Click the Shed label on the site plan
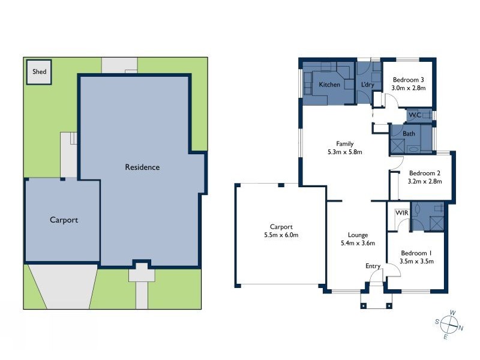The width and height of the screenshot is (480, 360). click(40, 71)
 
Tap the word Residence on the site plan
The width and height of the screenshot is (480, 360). click(142, 167)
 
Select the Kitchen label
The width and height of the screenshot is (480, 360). click(329, 85)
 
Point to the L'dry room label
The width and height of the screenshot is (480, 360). click(368, 85)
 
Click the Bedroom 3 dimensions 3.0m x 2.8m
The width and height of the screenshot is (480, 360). click(409, 88)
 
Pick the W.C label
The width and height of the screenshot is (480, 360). click(415, 115)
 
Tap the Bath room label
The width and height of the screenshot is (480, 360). click(409, 133)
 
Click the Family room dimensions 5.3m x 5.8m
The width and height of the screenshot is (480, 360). click(344, 152)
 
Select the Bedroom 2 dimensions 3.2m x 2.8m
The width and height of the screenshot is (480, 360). click(425, 181)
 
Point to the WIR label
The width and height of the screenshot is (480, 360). click(401, 213)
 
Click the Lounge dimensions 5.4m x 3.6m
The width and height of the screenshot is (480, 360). click(358, 243)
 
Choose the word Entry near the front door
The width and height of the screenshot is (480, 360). click(373, 266)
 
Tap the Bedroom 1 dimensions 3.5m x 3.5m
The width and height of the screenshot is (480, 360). click(416, 261)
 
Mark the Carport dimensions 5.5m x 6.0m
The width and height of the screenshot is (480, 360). click(281, 235)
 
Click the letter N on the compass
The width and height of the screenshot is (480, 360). click(461, 328)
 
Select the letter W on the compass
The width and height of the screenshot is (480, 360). click(453, 313)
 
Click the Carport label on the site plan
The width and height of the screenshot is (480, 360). click(64, 220)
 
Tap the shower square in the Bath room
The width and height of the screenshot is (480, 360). click(397, 146)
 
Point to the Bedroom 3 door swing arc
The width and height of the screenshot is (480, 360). click(394, 98)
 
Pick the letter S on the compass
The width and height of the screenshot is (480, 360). click(437, 322)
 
